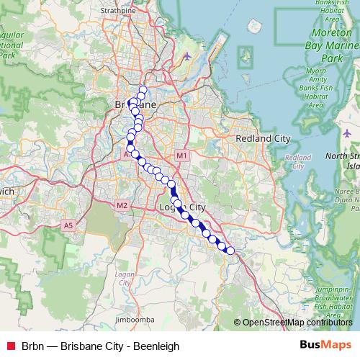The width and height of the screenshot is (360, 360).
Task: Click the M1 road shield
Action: [x=181, y=156]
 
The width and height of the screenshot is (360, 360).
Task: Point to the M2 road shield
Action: [x=122, y=205]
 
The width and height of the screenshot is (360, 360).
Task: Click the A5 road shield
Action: [x=69, y=225]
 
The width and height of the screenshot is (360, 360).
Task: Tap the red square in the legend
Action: [x=10, y=346]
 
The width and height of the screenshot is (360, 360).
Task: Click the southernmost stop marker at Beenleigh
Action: [x=230, y=251]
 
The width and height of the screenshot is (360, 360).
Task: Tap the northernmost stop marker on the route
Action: [x=143, y=90]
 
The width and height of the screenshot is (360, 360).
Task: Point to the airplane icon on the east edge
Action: [x=347, y=133]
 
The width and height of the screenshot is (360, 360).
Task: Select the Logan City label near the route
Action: [x=180, y=208]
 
